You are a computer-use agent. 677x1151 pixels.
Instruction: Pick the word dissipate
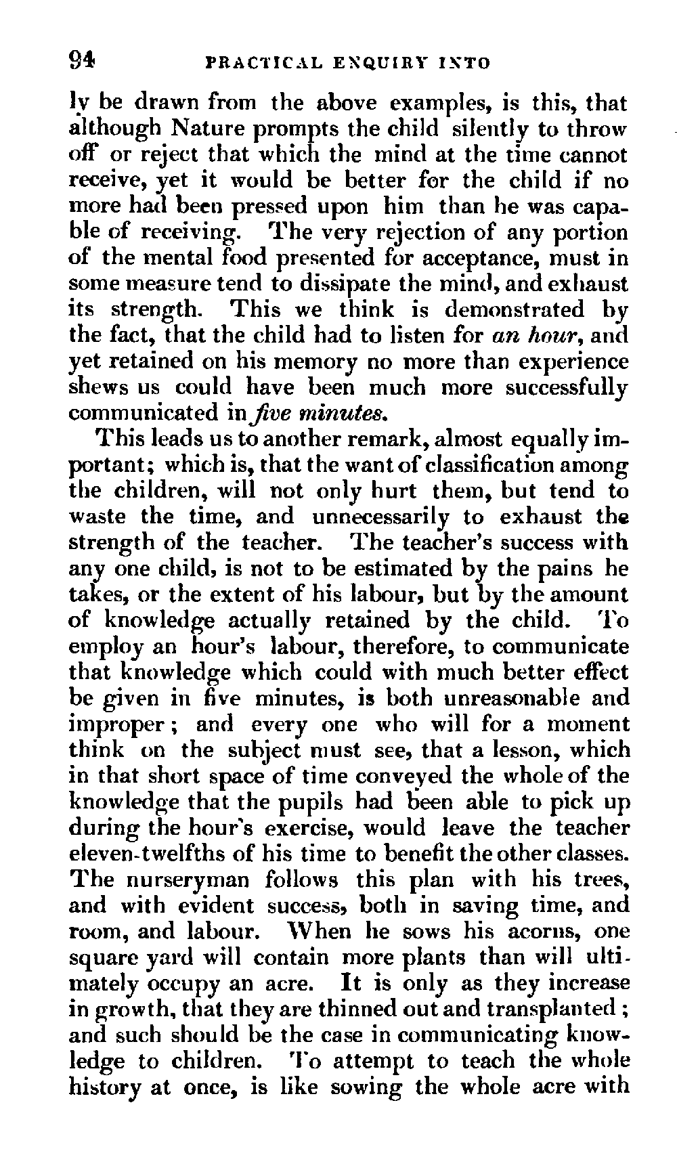point(339,284)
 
